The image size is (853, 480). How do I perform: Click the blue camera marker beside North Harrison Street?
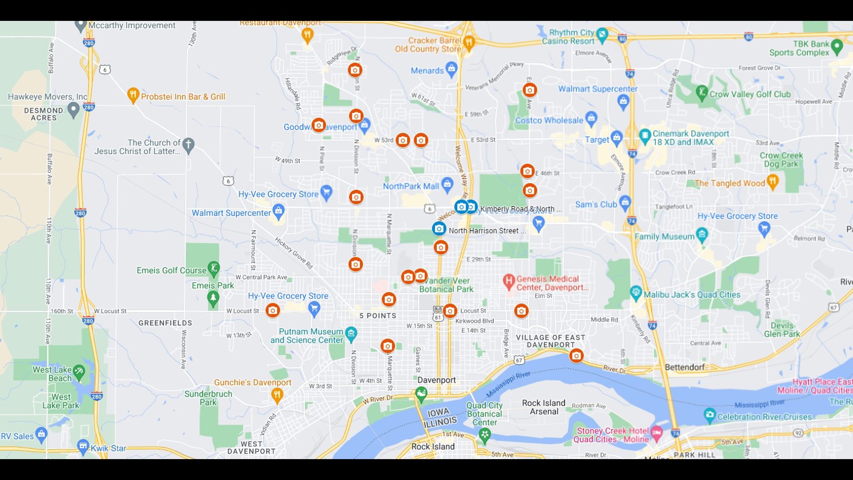[x=439, y=229]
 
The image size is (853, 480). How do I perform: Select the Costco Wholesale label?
[x=549, y=120]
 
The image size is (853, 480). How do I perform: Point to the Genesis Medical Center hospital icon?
[x=509, y=281]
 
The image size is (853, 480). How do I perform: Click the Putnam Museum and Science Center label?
[x=307, y=336]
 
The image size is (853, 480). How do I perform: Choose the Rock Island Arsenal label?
[x=544, y=407]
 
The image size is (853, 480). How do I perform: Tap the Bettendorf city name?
[x=685, y=367]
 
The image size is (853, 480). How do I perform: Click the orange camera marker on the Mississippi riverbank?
[x=576, y=356]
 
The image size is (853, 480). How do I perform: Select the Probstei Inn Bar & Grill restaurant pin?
[x=133, y=95]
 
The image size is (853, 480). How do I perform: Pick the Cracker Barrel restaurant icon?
[x=469, y=42]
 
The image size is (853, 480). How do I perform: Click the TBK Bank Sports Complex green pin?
[x=837, y=46]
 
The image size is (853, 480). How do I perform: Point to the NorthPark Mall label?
[x=411, y=186]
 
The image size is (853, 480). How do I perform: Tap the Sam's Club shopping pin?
[x=625, y=203]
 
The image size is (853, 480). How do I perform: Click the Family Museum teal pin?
[x=702, y=234]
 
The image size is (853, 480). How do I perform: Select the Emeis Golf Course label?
[x=171, y=270]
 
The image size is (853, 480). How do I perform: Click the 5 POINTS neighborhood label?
[x=378, y=316]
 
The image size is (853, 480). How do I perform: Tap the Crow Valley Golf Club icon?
[x=702, y=92]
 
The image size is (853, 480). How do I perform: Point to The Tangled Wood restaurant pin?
[x=773, y=181]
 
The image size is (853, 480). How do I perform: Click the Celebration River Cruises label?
[x=764, y=417]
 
